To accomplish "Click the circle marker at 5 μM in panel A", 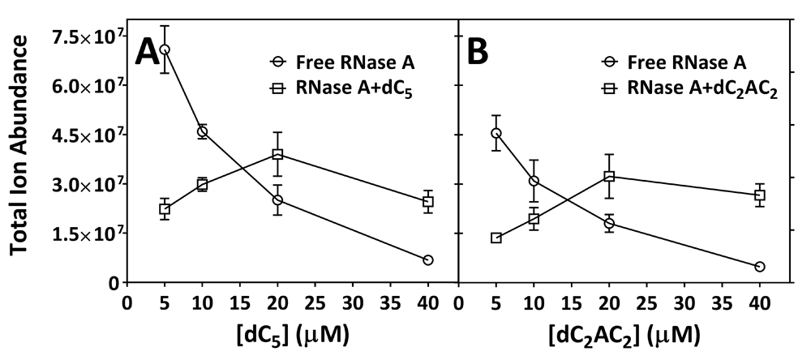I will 165,49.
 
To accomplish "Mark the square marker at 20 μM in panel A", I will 277,154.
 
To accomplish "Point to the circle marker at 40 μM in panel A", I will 428,259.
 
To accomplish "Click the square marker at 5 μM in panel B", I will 496,238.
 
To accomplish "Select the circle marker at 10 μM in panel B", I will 534,181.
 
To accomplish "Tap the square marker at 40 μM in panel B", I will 760,195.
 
